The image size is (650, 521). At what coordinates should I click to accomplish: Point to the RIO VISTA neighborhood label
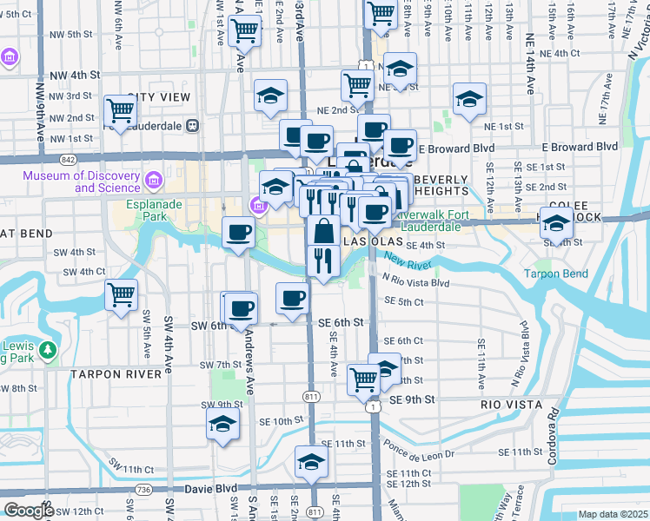[x=511, y=405]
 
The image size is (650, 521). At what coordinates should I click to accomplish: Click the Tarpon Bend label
[x=555, y=274]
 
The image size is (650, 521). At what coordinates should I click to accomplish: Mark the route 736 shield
[x=143, y=491]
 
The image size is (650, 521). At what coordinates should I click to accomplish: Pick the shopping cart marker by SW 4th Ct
[x=120, y=293]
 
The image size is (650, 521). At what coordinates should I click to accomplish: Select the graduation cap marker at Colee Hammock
[x=556, y=223]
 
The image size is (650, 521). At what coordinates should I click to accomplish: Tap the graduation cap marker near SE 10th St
[x=222, y=425]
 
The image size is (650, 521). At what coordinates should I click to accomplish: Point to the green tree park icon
[x=49, y=350]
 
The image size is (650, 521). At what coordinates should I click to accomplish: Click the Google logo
[x=29, y=511]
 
